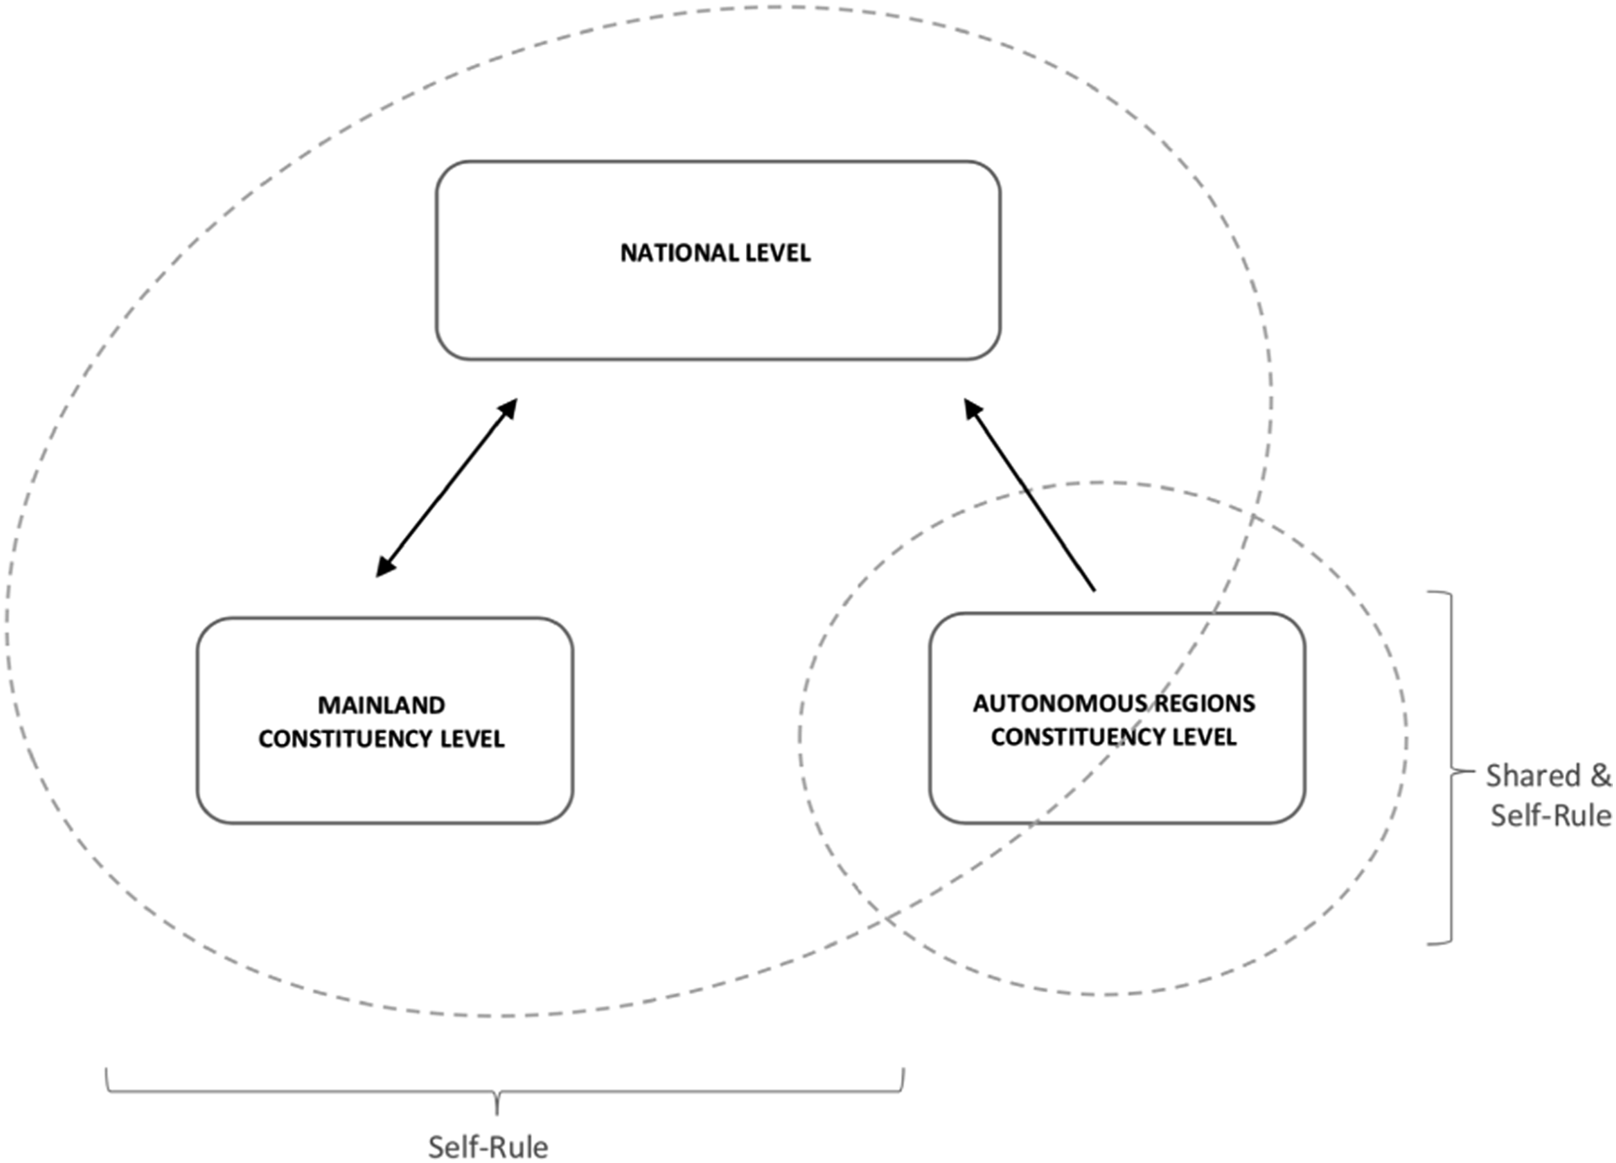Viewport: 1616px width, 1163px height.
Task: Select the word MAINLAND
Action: tap(381, 705)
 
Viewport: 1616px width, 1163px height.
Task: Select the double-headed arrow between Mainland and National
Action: tap(446, 488)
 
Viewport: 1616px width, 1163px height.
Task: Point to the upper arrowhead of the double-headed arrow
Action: tap(507, 411)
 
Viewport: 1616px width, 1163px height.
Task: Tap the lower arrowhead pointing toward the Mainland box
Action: tap(385, 565)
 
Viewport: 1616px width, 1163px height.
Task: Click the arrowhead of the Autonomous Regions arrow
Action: tap(973, 411)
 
